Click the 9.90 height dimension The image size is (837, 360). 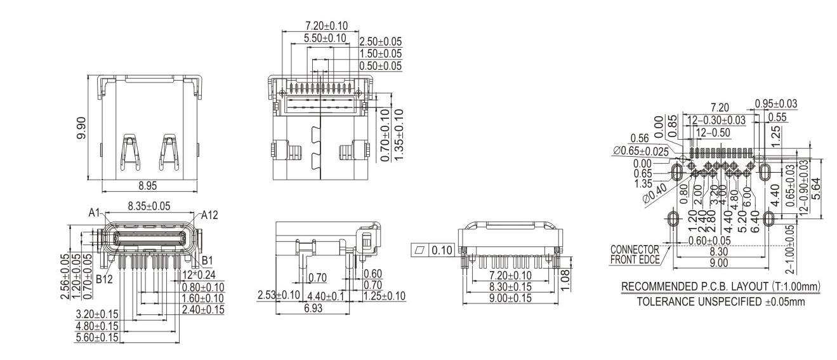(81, 128)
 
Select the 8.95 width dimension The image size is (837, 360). (148, 185)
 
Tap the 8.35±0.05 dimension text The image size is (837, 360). (149, 206)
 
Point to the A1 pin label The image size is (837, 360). (94, 213)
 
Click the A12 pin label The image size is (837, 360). (209, 215)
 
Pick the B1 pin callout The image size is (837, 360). (208, 260)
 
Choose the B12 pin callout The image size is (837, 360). (104, 279)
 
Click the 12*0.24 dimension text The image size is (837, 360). (199, 275)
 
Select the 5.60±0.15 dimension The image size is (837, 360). (97, 338)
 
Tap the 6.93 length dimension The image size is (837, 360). (313, 309)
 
